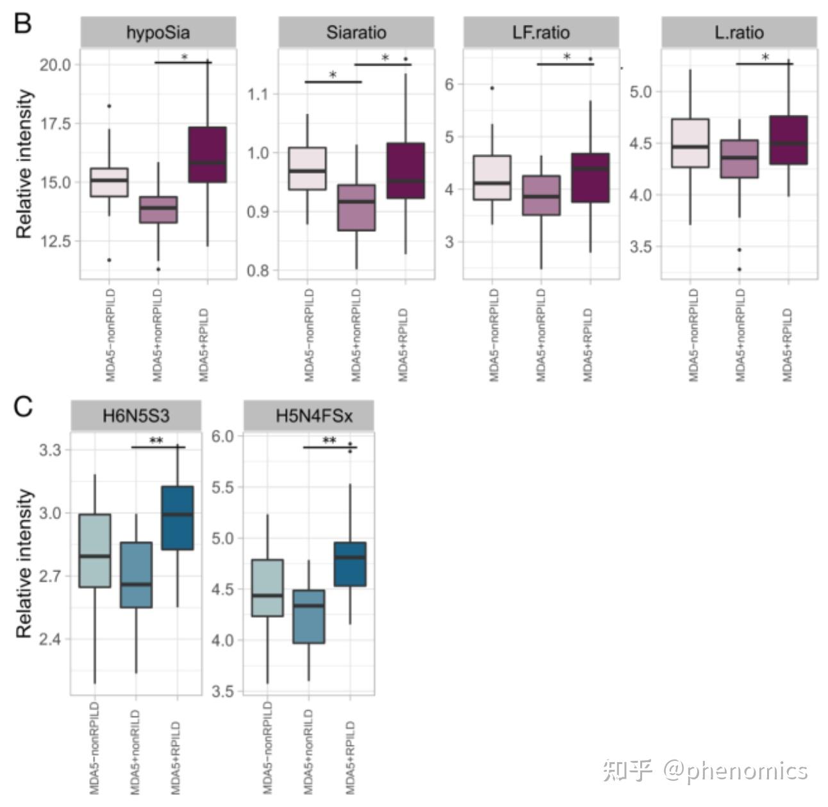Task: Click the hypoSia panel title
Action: pyautogui.click(x=158, y=33)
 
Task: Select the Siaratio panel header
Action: pyautogui.click(x=356, y=33)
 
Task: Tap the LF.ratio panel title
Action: pyautogui.click(x=541, y=33)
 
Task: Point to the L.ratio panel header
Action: pyautogui.click(x=739, y=33)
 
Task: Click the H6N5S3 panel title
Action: pyautogui.click(x=136, y=416)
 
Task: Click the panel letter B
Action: pyautogui.click(x=22, y=24)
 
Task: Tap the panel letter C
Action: pyautogui.click(x=22, y=407)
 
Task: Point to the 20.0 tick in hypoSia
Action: pyautogui.click(x=55, y=65)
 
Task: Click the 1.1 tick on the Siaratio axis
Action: pyautogui.click(x=258, y=94)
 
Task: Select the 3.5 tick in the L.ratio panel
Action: pyautogui.click(x=640, y=247)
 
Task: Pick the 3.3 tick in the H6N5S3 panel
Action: pyautogui.click(x=50, y=450)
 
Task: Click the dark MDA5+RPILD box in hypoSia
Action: pyautogui.click(x=207, y=155)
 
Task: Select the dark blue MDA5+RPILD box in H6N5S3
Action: pyautogui.click(x=177, y=518)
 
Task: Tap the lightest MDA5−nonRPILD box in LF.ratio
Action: pyautogui.click(x=492, y=178)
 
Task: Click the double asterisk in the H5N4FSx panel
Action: pyautogui.click(x=329, y=441)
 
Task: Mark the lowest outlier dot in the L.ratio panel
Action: pyautogui.click(x=739, y=269)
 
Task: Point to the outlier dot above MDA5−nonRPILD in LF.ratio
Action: pyautogui.click(x=492, y=88)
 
